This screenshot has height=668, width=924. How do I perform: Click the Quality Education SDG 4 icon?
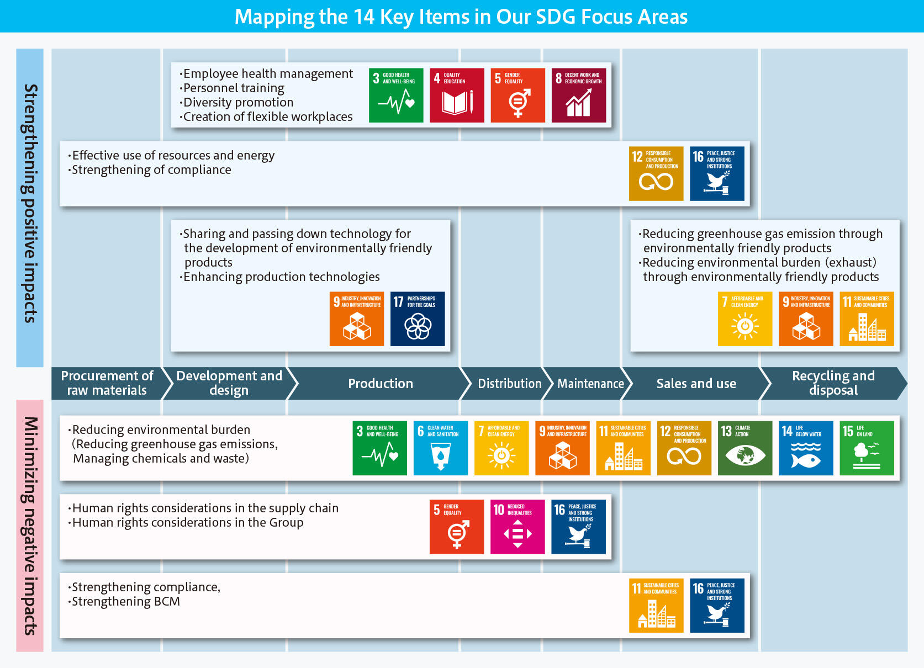457,96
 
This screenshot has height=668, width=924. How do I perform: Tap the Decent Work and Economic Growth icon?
579,96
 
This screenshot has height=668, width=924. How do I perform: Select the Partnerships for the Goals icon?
418,319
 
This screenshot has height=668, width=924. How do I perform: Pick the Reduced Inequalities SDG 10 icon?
518,527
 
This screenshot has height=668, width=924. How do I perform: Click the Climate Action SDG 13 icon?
745,448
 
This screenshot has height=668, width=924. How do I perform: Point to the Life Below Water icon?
806,448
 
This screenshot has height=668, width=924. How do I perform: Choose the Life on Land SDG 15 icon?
867,448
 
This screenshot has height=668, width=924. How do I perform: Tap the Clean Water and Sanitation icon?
441,448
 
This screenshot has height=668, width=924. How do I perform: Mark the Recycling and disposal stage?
833,384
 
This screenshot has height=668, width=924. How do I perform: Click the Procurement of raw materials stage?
107,384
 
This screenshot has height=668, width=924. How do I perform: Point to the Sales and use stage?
696,384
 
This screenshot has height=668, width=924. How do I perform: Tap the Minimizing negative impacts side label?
30,526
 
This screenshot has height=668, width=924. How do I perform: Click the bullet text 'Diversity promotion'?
236,102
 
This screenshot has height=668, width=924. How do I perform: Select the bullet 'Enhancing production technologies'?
279,277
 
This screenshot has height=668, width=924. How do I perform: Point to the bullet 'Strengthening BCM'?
124,601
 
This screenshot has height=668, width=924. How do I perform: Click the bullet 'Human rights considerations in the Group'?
186,522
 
